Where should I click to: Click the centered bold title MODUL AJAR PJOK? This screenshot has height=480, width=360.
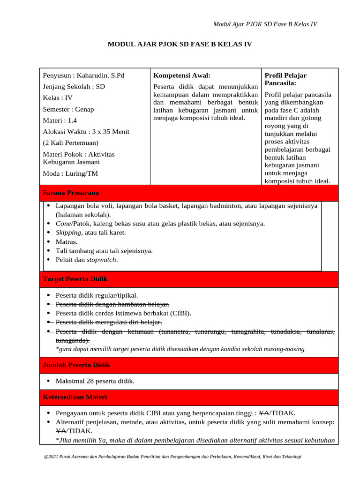click(x=180, y=44)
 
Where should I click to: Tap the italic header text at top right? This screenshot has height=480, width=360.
click(x=265, y=24)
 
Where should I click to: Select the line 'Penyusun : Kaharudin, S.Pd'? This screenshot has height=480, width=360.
click(x=83, y=75)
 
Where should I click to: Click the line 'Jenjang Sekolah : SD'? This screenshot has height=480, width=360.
click(x=74, y=87)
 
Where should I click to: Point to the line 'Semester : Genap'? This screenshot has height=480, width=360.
click(x=68, y=109)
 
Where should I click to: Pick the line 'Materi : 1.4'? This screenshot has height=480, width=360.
click(x=60, y=120)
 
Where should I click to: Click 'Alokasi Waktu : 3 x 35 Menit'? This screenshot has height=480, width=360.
click(x=86, y=132)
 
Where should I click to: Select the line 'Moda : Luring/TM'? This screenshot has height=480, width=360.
click(x=70, y=173)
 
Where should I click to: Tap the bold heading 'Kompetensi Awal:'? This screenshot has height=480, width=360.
click(x=182, y=75)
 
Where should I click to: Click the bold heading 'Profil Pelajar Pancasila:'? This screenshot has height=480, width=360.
click(x=285, y=79)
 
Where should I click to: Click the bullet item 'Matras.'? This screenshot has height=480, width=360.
click(x=67, y=242)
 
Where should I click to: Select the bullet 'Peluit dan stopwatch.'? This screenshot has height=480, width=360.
click(x=87, y=260)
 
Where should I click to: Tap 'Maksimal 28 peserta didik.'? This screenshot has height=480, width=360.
click(x=95, y=381)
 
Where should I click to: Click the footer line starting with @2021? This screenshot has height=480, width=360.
click(x=172, y=457)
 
